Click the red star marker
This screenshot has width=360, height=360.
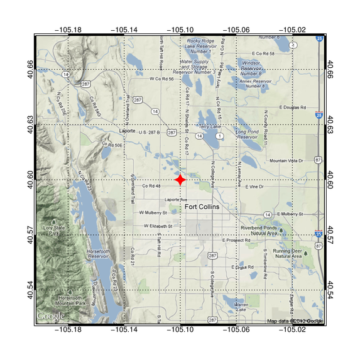[180, 180]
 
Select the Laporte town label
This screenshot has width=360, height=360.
[128, 131]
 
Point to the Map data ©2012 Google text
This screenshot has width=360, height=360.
[294, 322]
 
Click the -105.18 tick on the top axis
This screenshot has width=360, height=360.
[68, 30]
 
